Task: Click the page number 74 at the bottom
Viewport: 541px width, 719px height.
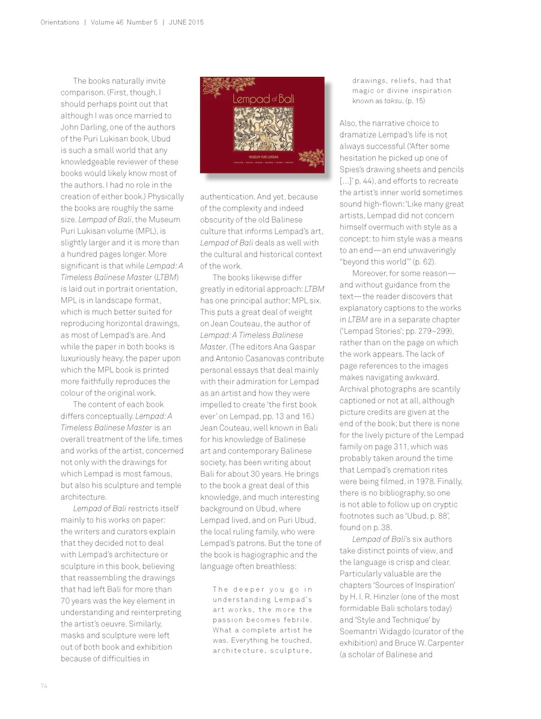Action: coord(44,685)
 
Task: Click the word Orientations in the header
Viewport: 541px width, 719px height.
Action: coord(60,23)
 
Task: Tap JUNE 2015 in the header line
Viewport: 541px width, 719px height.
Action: coord(187,23)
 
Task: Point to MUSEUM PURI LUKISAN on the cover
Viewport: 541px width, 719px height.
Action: coord(261,159)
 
